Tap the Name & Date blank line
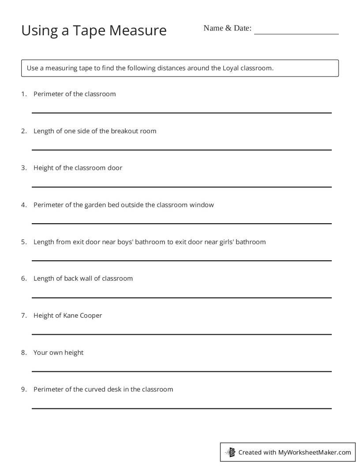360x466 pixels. coord(296,34)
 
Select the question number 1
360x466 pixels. coord(23,94)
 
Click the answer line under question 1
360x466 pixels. coord(181,113)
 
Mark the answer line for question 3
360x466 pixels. coord(181,187)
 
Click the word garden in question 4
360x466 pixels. coord(95,205)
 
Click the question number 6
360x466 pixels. coord(23,278)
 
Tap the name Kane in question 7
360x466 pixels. coord(71,316)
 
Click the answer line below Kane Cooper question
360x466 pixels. coord(181,334)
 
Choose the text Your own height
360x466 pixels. coord(58,353)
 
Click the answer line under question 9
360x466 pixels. coord(181,409)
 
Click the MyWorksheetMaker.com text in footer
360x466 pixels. coord(315,452)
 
